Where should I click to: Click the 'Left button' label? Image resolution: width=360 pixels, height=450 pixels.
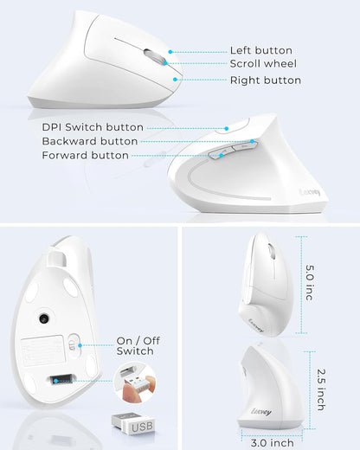[260, 50]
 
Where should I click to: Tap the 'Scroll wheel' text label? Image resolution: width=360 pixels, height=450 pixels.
[264, 64]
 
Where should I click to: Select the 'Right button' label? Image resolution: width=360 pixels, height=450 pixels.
[265, 80]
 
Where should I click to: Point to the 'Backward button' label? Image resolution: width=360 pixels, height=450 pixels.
[89, 141]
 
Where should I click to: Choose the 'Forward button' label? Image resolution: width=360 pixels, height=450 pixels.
[85, 156]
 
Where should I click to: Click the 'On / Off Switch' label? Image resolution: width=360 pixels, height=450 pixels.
[135, 345]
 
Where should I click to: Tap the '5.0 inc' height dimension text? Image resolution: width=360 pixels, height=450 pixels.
[309, 283]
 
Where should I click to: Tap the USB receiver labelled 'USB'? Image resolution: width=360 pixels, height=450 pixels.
[132, 425]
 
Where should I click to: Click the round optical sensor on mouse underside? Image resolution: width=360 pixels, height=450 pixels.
[43, 319]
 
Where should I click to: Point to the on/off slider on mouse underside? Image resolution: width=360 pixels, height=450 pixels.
[74, 344]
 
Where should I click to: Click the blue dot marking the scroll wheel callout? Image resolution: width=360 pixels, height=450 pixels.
[170, 64]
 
